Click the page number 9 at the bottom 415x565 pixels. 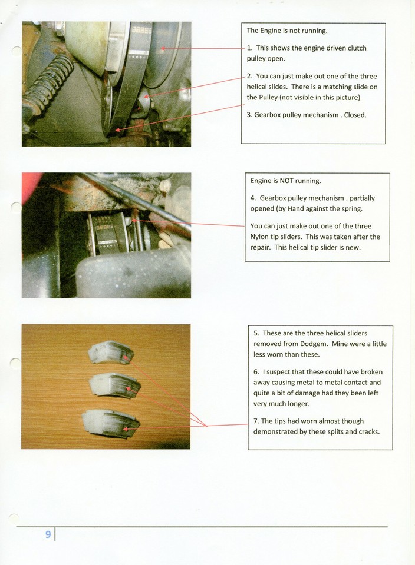click(x=48, y=534)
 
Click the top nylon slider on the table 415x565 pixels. click(x=111, y=353)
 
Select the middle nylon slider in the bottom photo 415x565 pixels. click(x=114, y=385)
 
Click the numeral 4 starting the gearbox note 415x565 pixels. click(x=252, y=198)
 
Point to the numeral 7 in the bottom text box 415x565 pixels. click(x=255, y=421)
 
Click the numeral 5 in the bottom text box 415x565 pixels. click(x=255, y=333)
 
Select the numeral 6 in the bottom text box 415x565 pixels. click(x=255, y=372)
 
